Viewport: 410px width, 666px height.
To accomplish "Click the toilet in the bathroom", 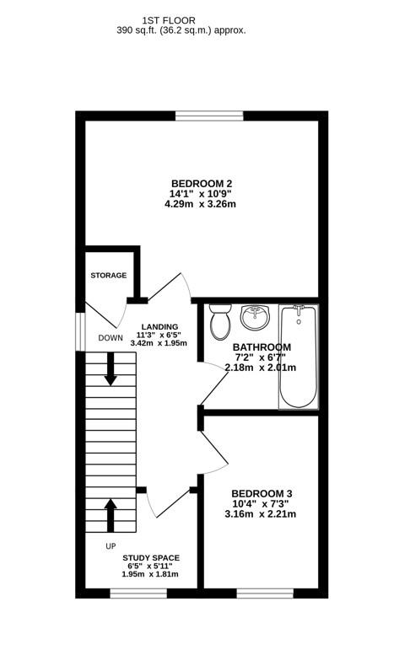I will click(x=220, y=320).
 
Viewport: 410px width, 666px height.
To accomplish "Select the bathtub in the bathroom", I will click(x=299, y=355).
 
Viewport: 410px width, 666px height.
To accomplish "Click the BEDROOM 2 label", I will click(x=202, y=184).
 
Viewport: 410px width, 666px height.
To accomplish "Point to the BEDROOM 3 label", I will click(x=262, y=493).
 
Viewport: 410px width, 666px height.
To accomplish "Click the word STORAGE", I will click(x=109, y=276).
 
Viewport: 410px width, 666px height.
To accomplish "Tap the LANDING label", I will click(x=159, y=327).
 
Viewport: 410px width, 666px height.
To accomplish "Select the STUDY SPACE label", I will click(x=151, y=558).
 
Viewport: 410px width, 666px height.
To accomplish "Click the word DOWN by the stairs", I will click(x=111, y=338).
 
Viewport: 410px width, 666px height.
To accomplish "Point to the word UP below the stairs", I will click(x=111, y=546).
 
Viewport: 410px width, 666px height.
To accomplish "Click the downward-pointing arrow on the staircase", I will click(x=111, y=371).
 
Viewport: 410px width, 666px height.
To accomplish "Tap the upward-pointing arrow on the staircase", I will click(x=111, y=513).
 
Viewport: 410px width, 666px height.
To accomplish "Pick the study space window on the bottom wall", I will click(x=138, y=593).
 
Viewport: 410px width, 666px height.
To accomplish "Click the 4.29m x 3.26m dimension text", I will click(x=200, y=205).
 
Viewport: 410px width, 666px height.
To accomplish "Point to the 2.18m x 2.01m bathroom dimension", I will click(x=261, y=368).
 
